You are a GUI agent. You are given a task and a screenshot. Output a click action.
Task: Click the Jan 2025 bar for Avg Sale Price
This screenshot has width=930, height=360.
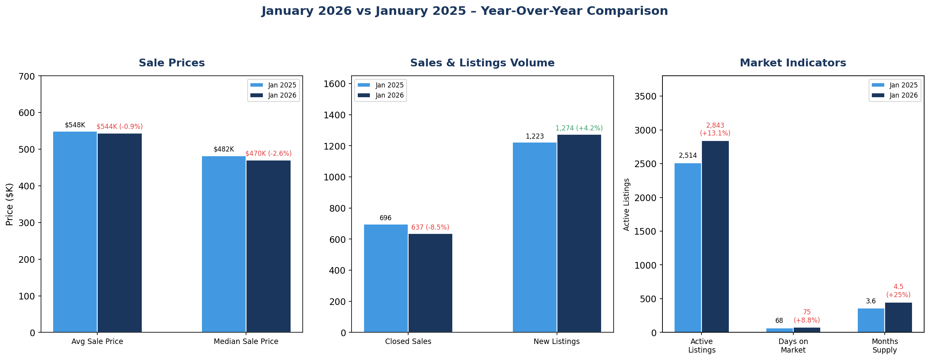point(75,232)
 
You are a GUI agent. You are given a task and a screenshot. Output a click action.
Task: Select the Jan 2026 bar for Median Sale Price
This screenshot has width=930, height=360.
point(268,246)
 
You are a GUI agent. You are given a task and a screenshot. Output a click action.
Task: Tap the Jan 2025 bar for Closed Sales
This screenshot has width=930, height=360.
point(386,278)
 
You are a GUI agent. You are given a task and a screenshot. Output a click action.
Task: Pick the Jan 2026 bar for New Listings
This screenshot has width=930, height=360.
point(579,233)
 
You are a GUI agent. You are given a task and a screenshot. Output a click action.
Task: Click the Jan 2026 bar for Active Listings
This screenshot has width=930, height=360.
point(715,237)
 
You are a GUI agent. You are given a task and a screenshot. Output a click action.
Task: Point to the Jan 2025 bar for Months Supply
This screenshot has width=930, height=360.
point(871,320)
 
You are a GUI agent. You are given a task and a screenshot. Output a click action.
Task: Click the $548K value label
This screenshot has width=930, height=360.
point(75,125)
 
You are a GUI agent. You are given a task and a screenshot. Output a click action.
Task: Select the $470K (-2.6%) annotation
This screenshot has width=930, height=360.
point(268,154)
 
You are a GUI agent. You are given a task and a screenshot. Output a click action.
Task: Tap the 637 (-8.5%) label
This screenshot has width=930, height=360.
point(430,228)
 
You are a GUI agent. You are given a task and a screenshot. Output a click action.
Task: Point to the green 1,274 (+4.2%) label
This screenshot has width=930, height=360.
point(579,128)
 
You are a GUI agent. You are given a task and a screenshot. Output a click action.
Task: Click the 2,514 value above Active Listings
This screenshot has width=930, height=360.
point(688,156)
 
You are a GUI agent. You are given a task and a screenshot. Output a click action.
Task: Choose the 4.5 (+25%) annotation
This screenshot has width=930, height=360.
point(898,291)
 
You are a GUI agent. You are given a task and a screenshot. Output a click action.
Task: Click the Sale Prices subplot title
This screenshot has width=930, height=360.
point(172,63)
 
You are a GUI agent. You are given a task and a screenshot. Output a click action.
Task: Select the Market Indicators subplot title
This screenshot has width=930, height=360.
point(793,63)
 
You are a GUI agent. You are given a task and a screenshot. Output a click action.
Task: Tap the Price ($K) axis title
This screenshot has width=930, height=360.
point(10,204)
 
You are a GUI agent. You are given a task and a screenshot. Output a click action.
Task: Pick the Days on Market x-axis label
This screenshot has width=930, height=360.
point(793,346)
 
